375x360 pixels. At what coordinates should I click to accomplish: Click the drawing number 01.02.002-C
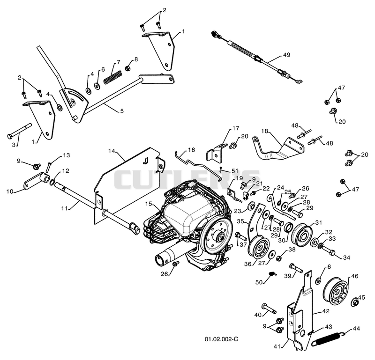pyautogui.click(x=221, y=339)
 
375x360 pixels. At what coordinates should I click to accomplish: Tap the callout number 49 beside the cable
pyautogui.click(x=286, y=55)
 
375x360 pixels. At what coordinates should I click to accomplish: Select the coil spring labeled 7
pyautogui.click(x=112, y=77)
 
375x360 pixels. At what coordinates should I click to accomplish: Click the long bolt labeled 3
pyautogui.click(x=20, y=131)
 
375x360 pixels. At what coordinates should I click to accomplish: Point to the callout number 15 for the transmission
pyautogui.click(x=149, y=204)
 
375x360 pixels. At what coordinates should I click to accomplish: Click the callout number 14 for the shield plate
pyautogui.click(x=112, y=151)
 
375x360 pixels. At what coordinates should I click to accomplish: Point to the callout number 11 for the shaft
pyautogui.click(x=65, y=208)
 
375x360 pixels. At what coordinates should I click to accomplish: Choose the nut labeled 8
pyautogui.click(x=128, y=68)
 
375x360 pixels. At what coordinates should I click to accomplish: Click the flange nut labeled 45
pyautogui.click(x=355, y=302)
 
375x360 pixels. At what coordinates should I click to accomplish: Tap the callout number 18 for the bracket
pyautogui.click(x=265, y=131)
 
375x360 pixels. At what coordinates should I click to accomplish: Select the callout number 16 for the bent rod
pyautogui.click(x=192, y=150)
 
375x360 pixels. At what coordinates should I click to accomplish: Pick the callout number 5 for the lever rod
pyautogui.click(x=122, y=111)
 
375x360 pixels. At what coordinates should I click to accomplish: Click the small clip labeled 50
pyautogui.click(x=272, y=273)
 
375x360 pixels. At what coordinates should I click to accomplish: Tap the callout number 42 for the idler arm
pyautogui.click(x=326, y=311)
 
